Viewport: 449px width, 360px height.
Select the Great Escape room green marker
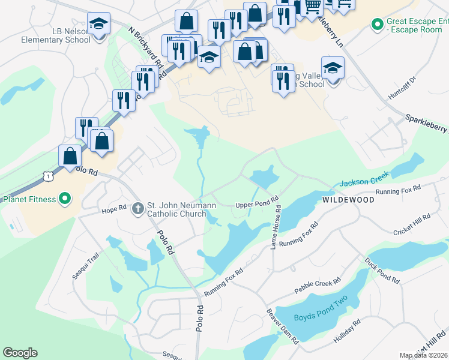coord(378,25)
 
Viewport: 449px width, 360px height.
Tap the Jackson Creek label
coord(365,178)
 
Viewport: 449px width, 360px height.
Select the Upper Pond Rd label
coord(257,202)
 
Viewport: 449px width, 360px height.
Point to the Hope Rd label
coord(113,210)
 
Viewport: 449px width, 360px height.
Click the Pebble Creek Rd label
coord(318,286)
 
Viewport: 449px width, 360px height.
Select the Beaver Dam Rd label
coord(283,326)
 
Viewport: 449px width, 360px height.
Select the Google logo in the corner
coord(20,352)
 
